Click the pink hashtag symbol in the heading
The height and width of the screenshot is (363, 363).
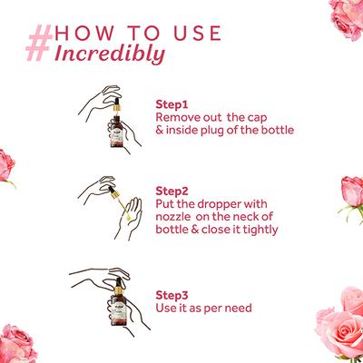click(39, 43)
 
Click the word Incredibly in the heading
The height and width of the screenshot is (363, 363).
click(110, 54)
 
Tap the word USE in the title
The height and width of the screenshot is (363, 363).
click(198, 34)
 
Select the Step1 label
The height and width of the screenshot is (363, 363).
click(172, 104)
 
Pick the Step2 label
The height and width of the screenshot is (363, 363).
click(172, 191)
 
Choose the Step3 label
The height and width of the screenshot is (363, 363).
click(172, 295)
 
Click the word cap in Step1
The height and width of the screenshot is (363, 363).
click(257, 118)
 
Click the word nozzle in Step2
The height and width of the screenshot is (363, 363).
click(173, 217)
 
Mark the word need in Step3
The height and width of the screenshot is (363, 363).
click(239, 308)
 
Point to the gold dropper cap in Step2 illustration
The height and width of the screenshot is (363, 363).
click(114, 194)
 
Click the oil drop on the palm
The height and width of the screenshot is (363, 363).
click(128, 217)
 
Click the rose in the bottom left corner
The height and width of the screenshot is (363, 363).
click(16, 345)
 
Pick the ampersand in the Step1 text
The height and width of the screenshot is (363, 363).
click(160, 131)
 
